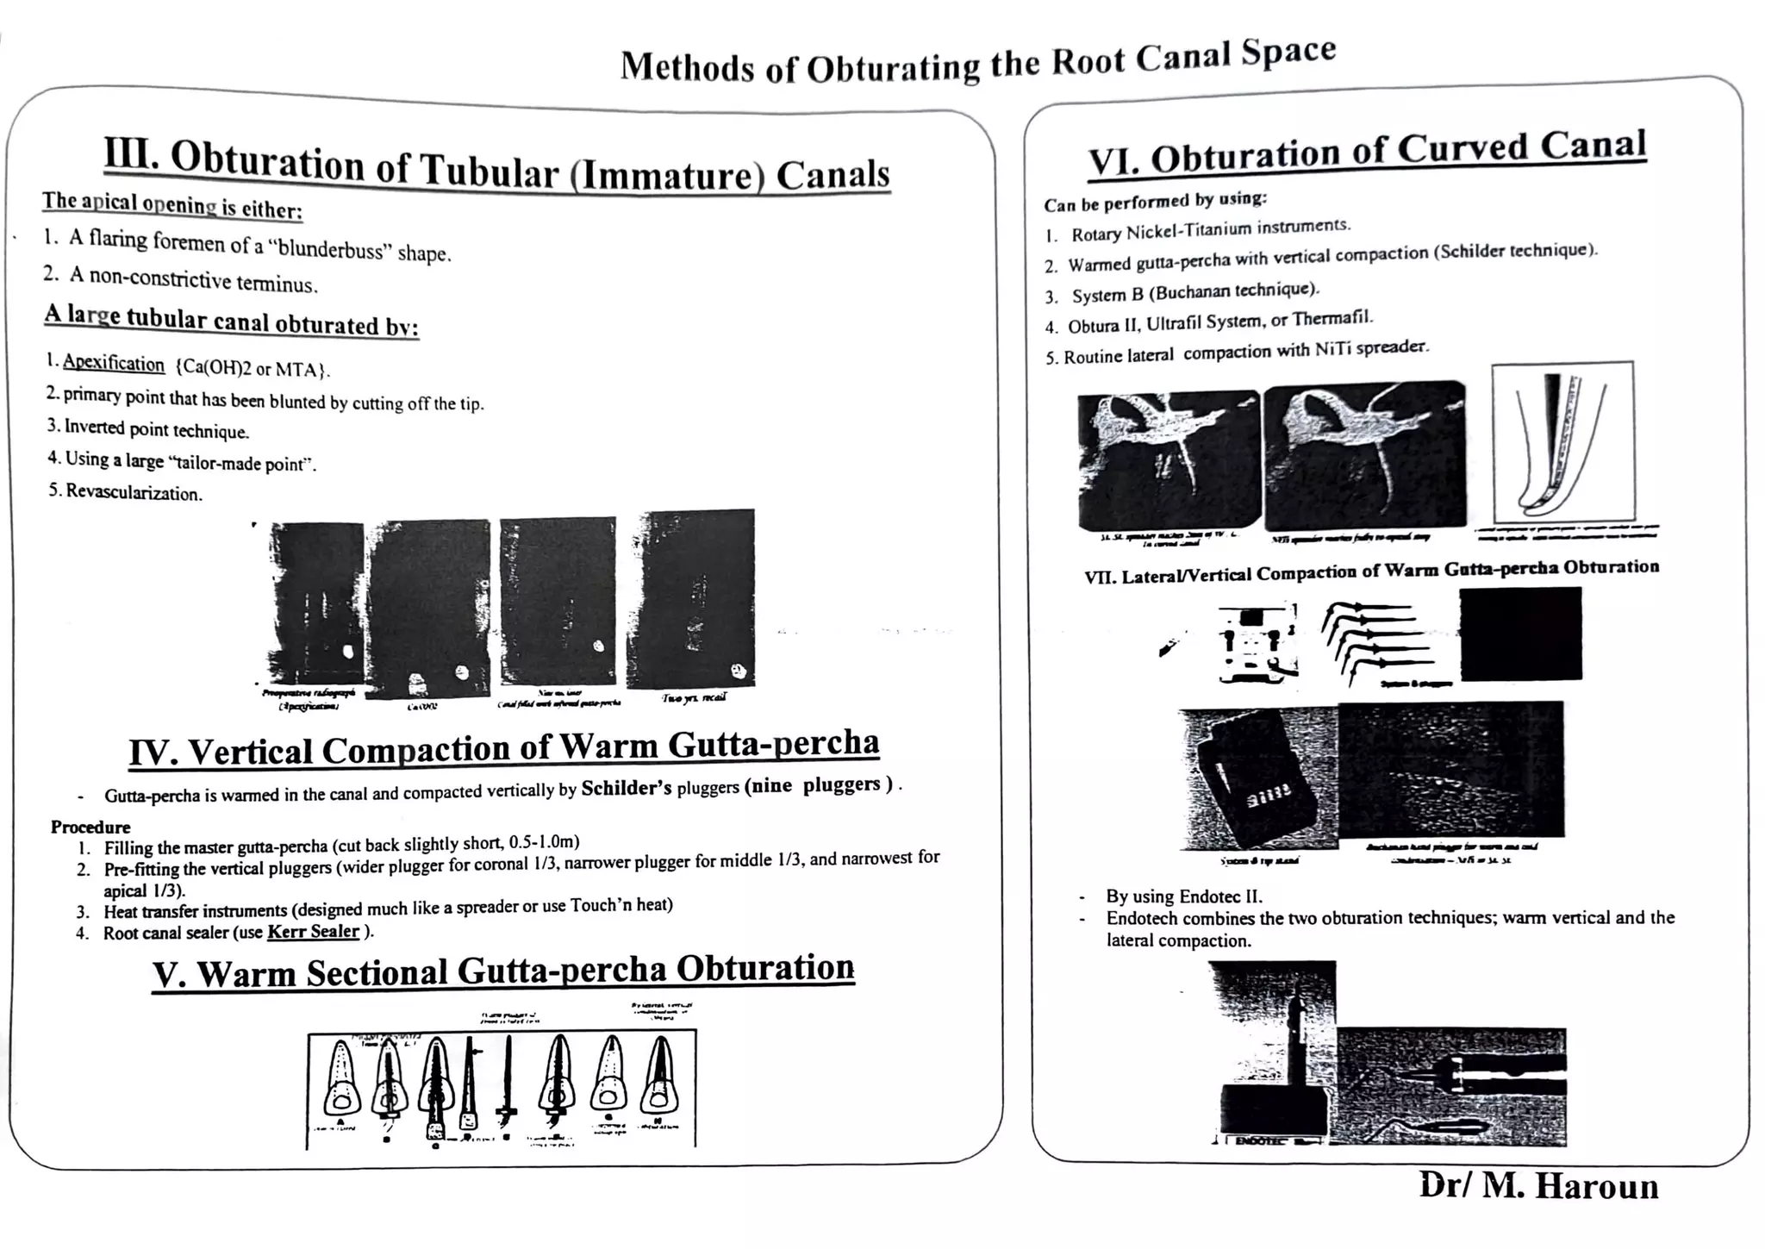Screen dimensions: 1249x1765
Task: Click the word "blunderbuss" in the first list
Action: tap(333, 250)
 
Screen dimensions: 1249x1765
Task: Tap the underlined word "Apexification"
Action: tap(113, 363)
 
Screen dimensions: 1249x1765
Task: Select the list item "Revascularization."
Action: tap(133, 493)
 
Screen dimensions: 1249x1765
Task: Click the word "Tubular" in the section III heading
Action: tap(488, 169)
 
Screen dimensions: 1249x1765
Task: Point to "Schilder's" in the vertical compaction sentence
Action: tap(626, 789)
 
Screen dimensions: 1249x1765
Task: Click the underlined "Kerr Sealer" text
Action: tap(313, 932)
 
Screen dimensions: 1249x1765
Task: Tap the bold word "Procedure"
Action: tap(90, 827)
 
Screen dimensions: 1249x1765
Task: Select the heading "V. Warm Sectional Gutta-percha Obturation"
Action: tap(503, 971)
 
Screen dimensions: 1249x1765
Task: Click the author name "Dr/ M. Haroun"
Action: tap(1538, 1186)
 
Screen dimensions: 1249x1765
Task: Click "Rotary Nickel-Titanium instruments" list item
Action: tap(1210, 230)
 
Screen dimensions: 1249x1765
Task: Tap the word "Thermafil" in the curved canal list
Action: tap(1331, 319)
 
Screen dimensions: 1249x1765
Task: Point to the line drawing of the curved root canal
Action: tap(1562, 441)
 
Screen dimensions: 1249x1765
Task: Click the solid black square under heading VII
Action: tap(1520, 634)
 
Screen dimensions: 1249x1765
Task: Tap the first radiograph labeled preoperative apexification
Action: tap(315, 603)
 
